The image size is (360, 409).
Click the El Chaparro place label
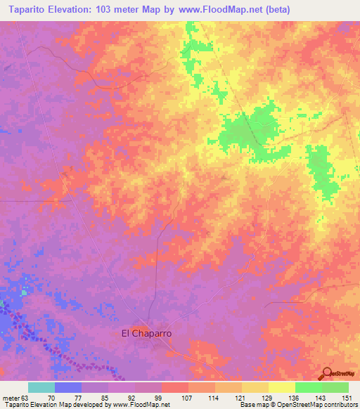click(147, 334)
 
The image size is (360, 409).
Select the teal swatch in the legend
click(41, 387)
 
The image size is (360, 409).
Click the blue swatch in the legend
click(68, 387)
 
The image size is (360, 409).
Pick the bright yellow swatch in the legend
click(281, 387)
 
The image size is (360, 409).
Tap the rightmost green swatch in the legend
click(335, 387)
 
